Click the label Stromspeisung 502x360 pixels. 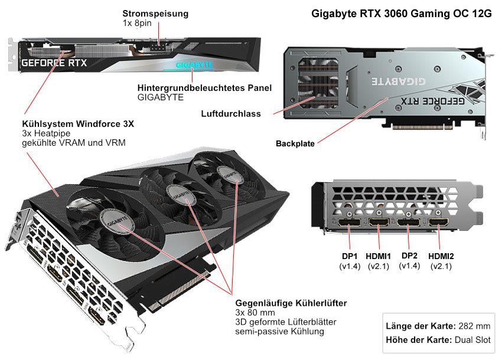155,13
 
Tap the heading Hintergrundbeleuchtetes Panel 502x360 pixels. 204,88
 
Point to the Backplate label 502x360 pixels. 295,143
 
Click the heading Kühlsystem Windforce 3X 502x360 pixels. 78,124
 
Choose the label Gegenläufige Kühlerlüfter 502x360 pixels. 291,303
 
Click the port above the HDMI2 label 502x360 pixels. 439,222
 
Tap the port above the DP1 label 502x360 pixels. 350,223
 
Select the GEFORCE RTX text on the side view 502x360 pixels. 54,62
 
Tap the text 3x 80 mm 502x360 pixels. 256,313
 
